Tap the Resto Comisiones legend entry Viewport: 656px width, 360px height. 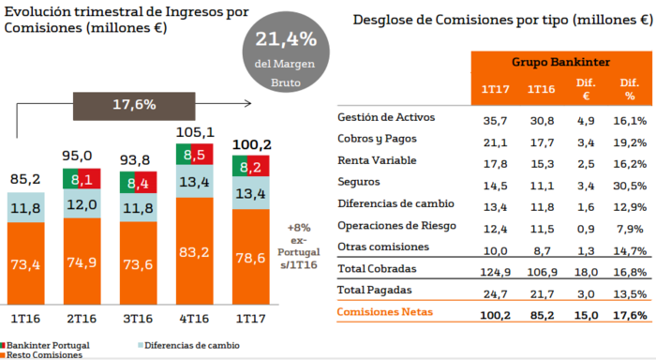[42, 355]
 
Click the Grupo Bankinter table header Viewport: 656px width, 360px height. [561, 62]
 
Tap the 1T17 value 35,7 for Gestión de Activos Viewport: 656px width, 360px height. [495, 120]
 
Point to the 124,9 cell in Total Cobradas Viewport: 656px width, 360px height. [495, 269]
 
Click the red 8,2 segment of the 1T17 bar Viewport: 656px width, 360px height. [250, 167]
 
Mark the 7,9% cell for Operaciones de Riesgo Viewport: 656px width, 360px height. [630, 226]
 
